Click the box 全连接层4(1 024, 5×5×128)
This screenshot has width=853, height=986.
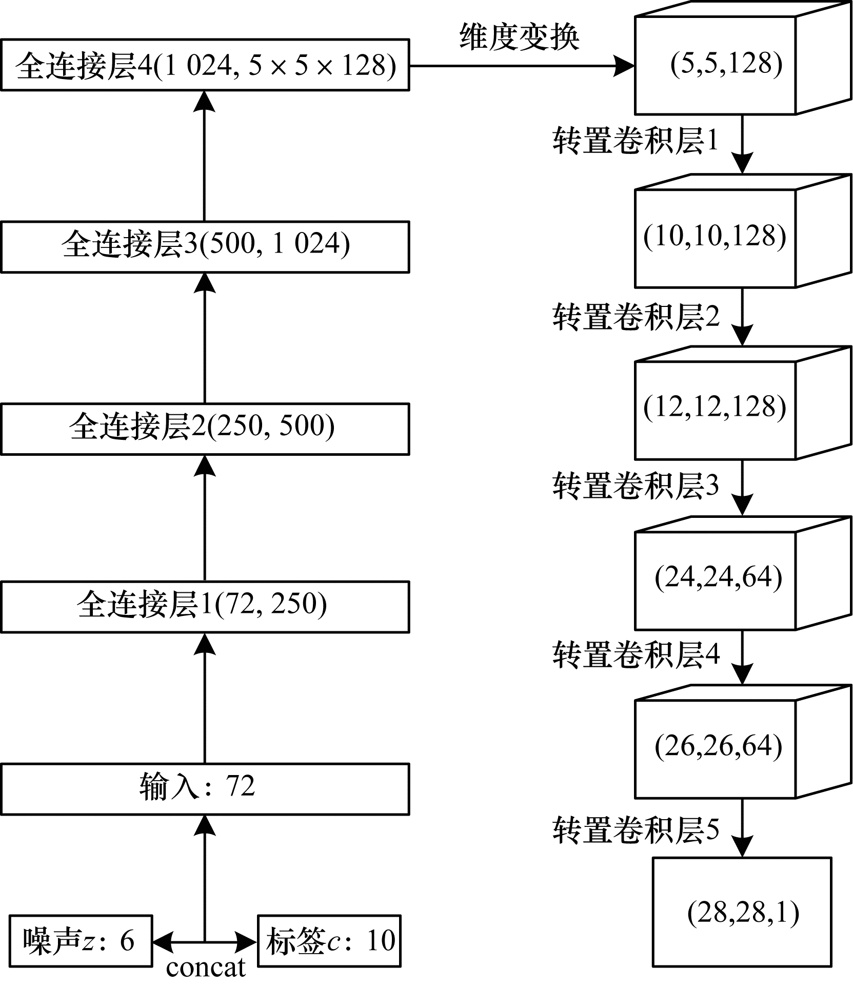205,65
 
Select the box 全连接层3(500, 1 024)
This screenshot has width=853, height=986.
205,246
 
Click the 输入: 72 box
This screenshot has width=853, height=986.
205,788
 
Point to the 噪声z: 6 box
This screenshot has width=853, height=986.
81,940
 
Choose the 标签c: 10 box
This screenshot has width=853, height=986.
329,940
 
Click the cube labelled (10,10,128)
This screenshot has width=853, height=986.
716,237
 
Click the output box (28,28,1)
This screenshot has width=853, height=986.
742,912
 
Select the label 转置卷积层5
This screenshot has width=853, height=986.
636,829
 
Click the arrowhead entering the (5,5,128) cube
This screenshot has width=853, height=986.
625,66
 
